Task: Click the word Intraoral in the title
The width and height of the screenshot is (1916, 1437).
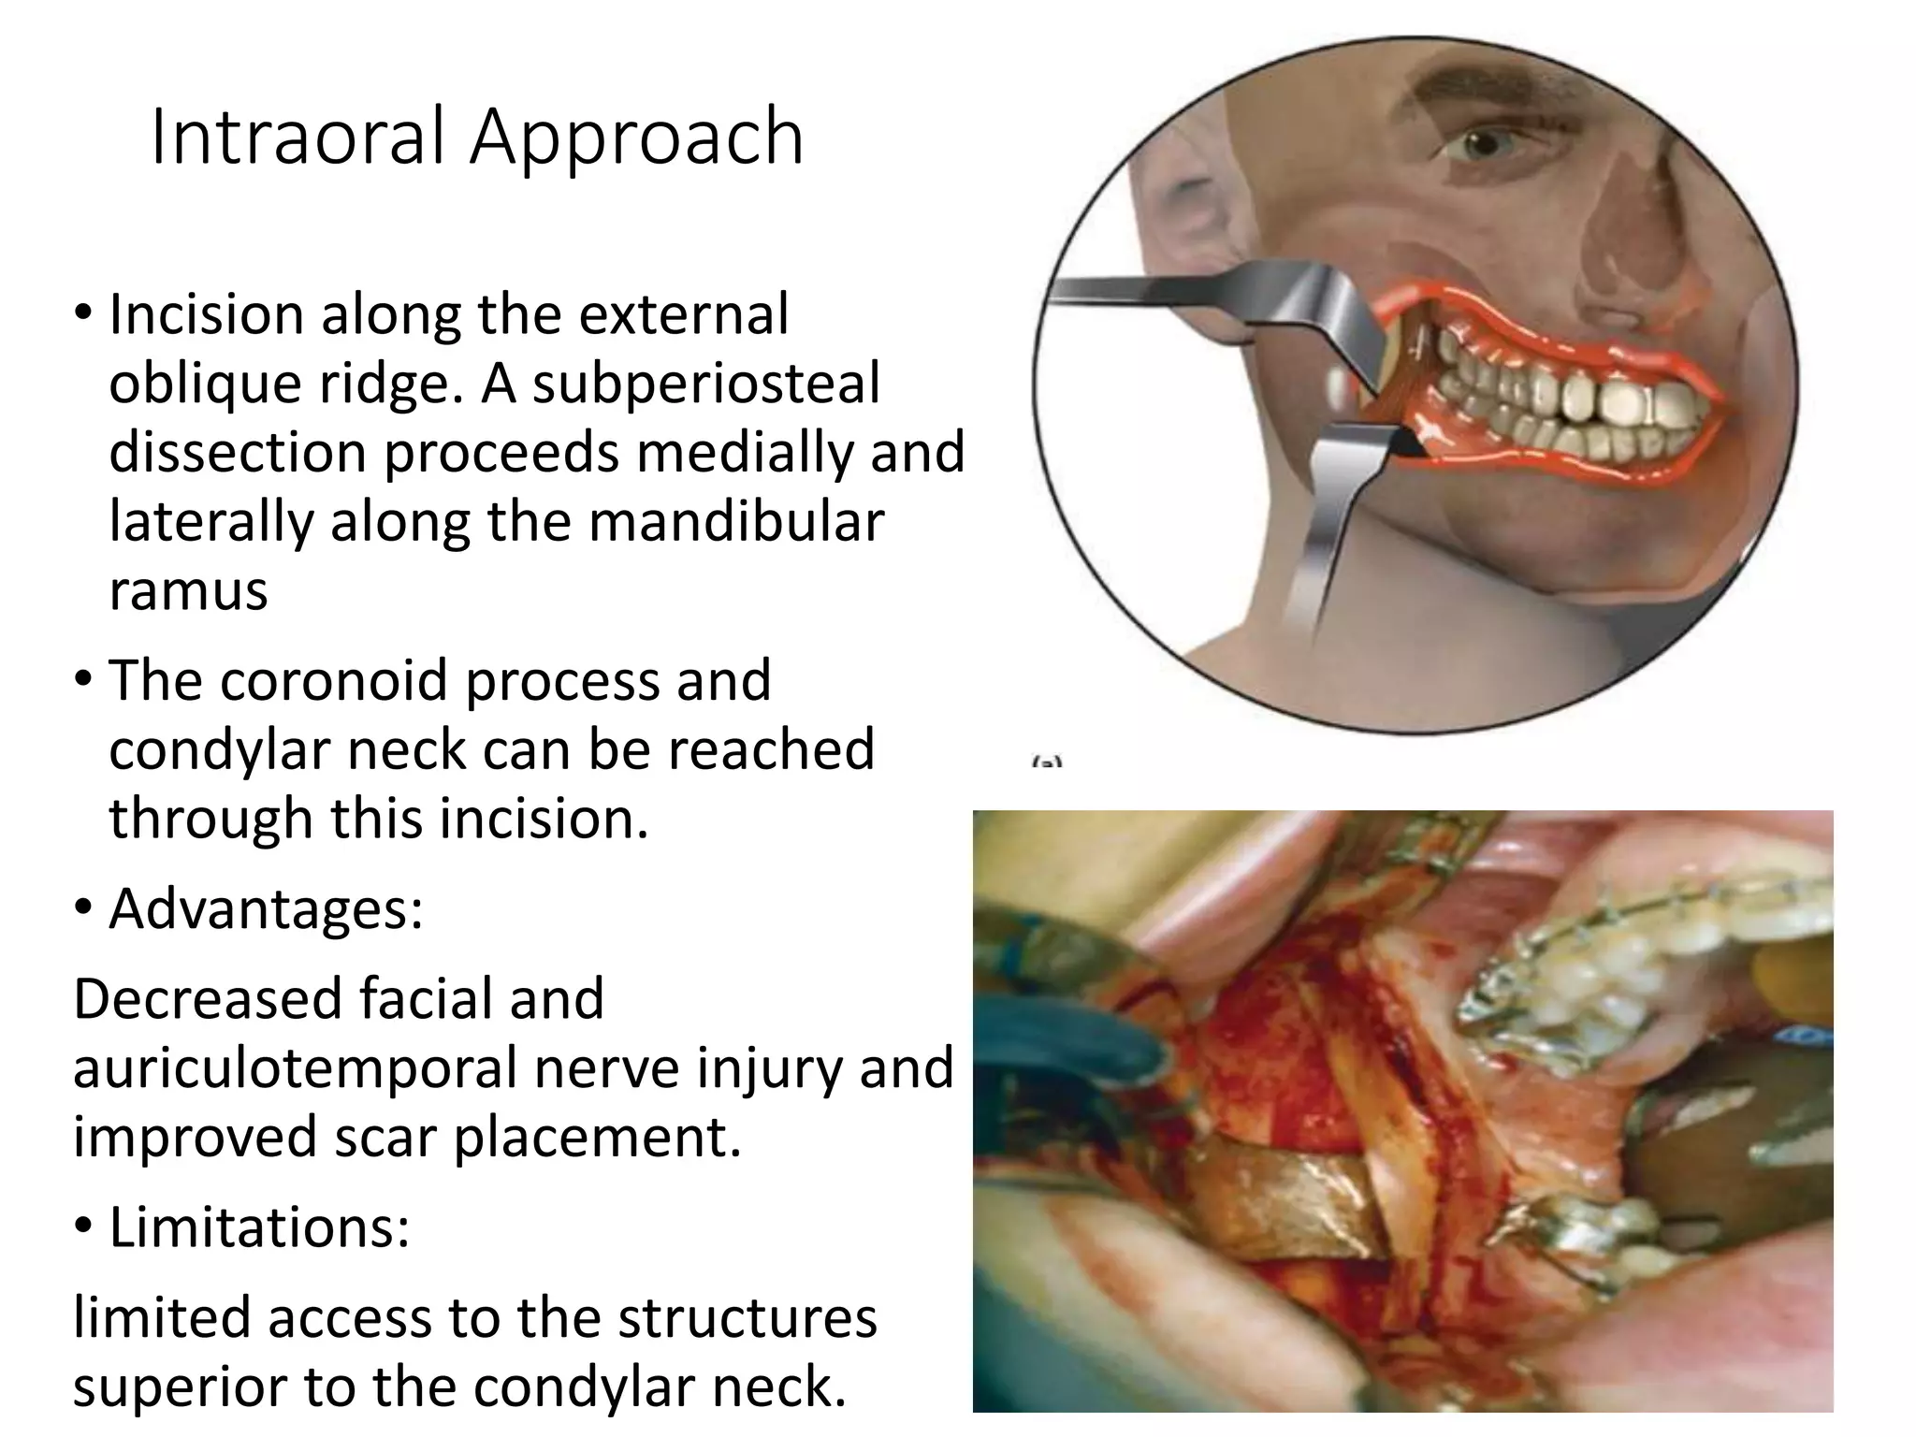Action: click(x=298, y=138)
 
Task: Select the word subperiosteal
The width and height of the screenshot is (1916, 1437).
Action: click(x=706, y=385)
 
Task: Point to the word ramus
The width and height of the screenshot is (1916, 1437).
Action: click(x=188, y=591)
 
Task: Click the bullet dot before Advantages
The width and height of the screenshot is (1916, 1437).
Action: click(x=83, y=908)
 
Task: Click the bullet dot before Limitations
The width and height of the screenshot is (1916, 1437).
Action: click(x=83, y=1227)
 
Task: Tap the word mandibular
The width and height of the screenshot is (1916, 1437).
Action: click(x=735, y=522)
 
